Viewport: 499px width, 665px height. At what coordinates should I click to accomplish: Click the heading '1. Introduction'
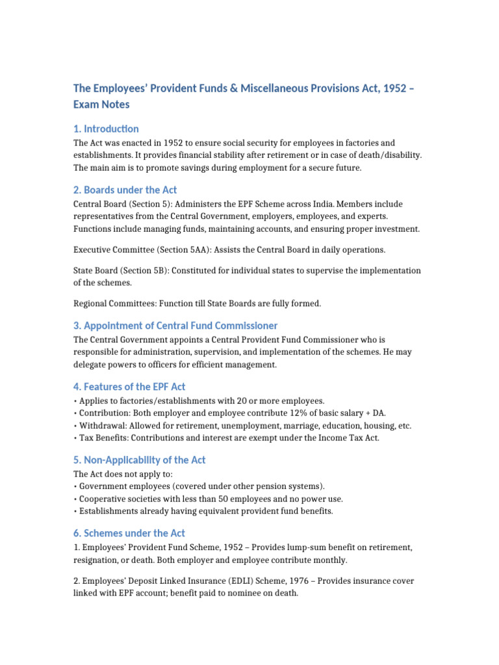tap(106, 129)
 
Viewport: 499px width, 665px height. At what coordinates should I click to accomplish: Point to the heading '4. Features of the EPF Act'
tap(129, 386)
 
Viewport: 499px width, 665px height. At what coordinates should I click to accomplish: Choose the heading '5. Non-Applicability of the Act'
tap(140, 460)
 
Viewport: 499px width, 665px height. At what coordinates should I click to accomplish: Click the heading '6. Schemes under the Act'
tap(124, 533)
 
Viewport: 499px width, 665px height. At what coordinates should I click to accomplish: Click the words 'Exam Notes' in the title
tap(101, 104)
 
